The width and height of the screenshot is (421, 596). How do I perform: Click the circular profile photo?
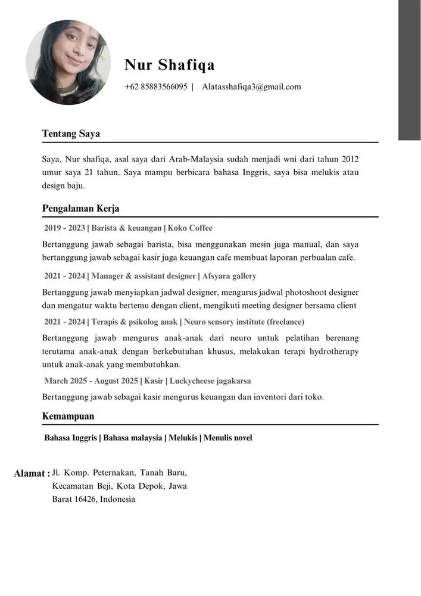(68, 63)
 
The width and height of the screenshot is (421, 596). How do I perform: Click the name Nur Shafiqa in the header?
(170, 65)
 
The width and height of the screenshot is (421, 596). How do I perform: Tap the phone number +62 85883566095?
(156, 87)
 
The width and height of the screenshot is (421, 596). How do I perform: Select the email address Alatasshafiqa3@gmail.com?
(251, 87)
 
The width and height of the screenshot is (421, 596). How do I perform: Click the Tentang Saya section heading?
(71, 134)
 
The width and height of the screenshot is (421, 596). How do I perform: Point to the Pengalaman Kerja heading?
(80, 208)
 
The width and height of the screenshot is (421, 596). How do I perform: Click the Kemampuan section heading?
(68, 416)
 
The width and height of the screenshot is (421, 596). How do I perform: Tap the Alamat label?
(31, 474)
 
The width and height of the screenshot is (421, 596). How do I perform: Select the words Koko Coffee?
(190, 228)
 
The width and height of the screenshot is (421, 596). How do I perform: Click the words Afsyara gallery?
(229, 276)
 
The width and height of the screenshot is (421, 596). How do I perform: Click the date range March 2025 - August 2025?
(91, 381)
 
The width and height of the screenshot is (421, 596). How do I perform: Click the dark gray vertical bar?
(409, 70)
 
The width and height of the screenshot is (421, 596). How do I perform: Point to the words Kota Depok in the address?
(141, 486)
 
